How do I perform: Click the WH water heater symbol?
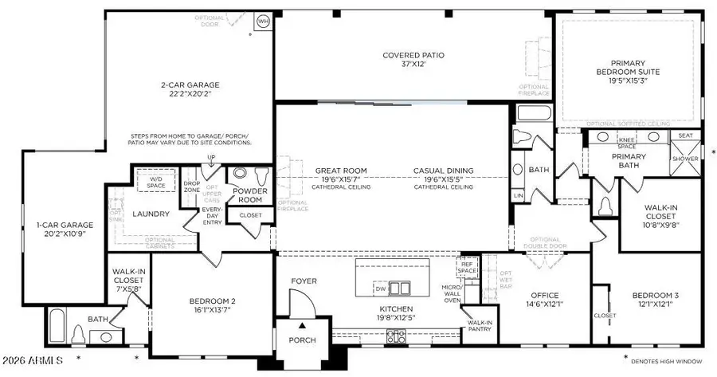coord(264,21)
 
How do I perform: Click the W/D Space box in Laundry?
coord(159,181)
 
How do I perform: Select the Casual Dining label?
coord(444,171)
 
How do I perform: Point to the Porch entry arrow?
coord(302,326)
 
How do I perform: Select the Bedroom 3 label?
coord(652,295)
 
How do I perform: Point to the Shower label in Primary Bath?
coord(685,159)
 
